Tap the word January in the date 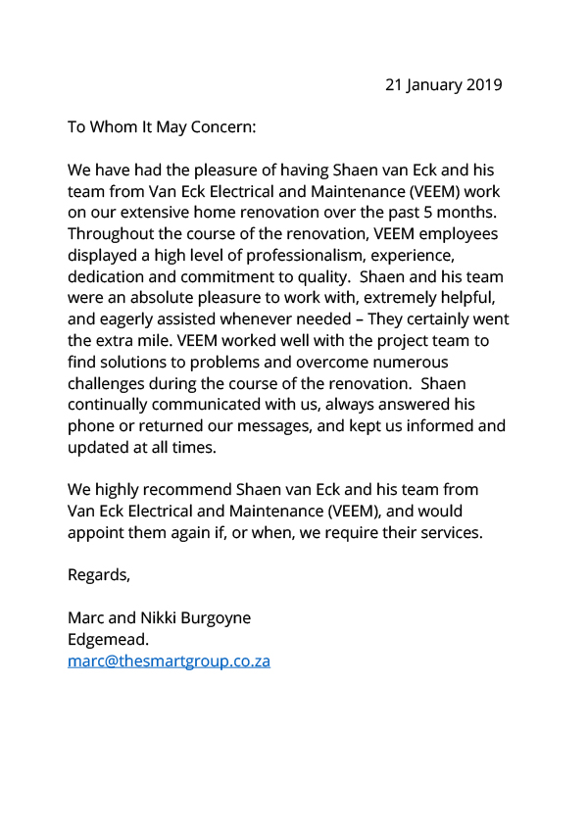[x=432, y=84]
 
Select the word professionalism [x=291, y=256]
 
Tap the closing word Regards [x=98, y=575]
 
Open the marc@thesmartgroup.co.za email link [x=169, y=661]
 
